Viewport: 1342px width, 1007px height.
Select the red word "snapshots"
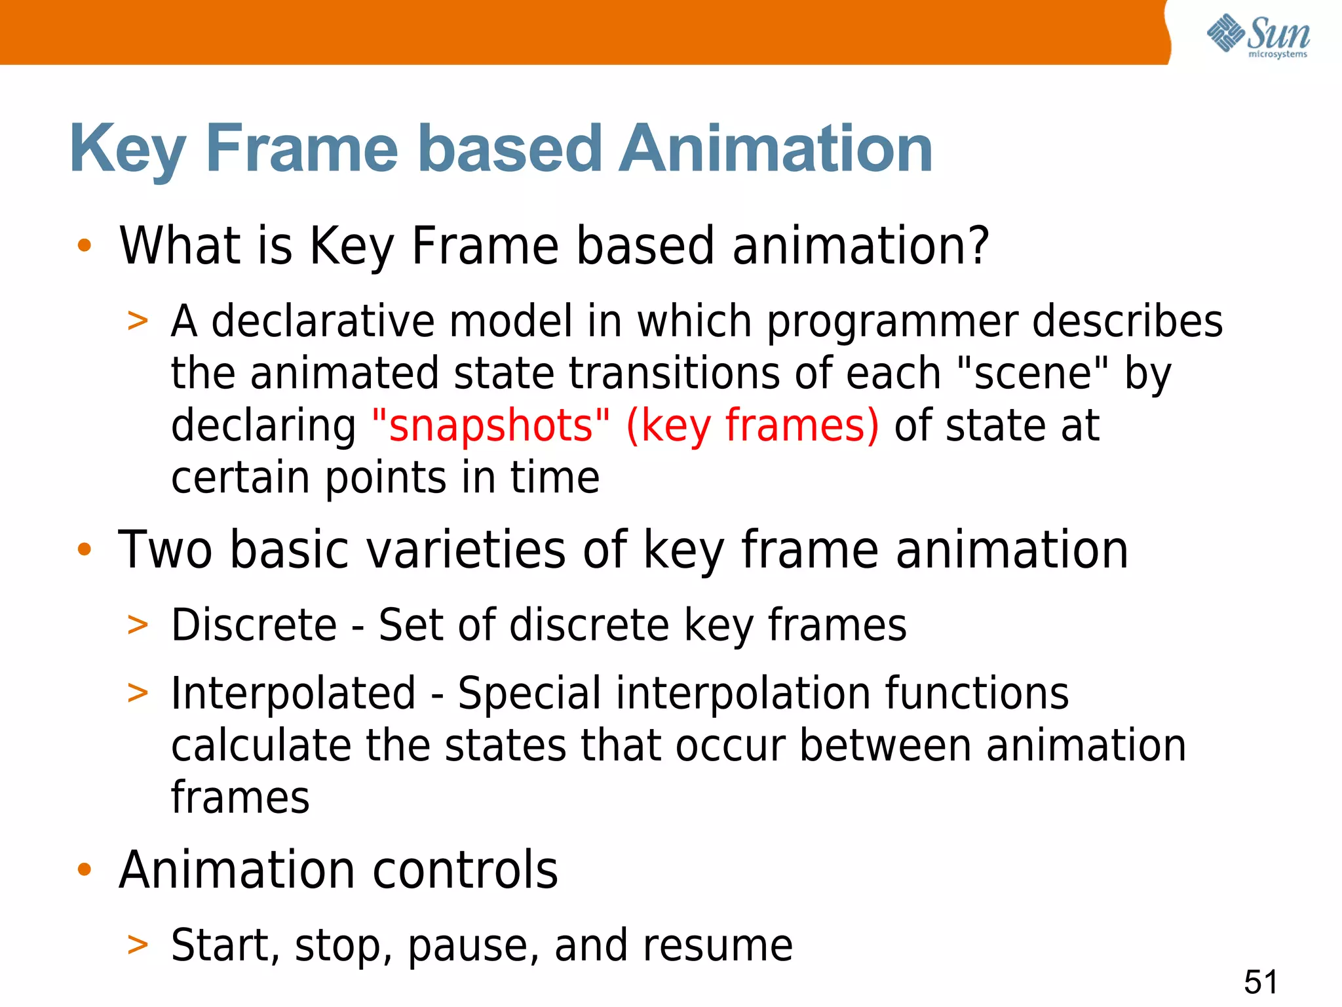tap(490, 425)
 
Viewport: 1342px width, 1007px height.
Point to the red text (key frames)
tap(752, 425)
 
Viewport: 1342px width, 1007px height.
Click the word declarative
tap(323, 321)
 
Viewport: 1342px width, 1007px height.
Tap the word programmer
tap(892, 323)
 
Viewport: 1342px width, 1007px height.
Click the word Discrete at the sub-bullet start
tap(254, 625)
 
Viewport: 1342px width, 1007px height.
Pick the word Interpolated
tap(293, 693)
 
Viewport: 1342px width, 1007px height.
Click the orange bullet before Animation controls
tap(84, 870)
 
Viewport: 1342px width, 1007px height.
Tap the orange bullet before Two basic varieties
tap(84, 549)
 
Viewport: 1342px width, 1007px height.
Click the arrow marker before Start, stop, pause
tap(138, 945)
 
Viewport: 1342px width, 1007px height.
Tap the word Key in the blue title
tap(128, 151)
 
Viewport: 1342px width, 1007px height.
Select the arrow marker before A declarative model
tap(138, 322)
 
